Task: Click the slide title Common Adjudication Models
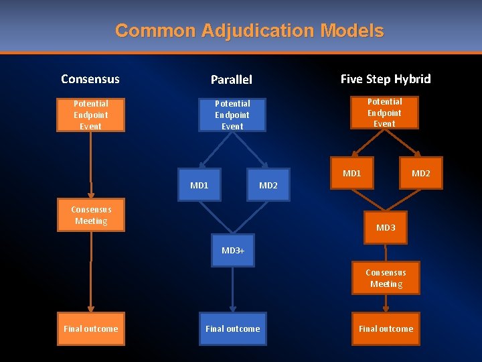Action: [249, 31]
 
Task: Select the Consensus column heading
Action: [90, 78]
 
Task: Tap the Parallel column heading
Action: [232, 79]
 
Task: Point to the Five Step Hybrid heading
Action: [386, 78]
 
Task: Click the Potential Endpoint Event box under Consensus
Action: [90, 115]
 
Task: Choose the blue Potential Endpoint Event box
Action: [232, 115]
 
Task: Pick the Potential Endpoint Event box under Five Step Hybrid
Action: [384, 112]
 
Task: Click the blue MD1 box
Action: [199, 185]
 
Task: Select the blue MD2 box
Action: [268, 185]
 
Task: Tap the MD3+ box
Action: [233, 250]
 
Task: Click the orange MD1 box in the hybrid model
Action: [352, 174]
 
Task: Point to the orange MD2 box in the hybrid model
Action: [421, 174]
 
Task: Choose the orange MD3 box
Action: [386, 228]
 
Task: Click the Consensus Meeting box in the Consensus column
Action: [91, 215]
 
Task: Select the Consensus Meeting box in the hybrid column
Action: [386, 278]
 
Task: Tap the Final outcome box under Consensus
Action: [90, 328]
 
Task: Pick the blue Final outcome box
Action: [232, 328]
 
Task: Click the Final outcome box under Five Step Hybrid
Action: [386, 328]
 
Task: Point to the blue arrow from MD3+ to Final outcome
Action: [232, 288]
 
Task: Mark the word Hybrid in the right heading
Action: [412, 78]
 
